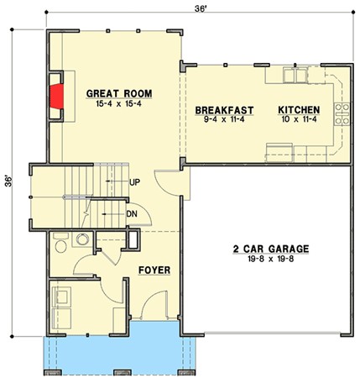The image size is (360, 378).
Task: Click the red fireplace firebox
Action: [x=57, y=97]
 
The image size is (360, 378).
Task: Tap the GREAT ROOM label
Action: [x=119, y=93]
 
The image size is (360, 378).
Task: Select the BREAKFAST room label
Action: [x=224, y=110]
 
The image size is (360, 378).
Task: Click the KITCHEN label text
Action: [x=299, y=110]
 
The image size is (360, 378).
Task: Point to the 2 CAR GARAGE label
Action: [x=271, y=249]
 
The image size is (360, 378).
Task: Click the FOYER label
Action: [x=154, y=270]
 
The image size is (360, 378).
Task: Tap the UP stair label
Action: [x=134, y=182]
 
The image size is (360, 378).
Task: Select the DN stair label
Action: [x=132, y=214]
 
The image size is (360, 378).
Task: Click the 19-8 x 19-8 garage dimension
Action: [x=271, y=259]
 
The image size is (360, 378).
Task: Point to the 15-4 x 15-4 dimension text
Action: [x=119, y=104]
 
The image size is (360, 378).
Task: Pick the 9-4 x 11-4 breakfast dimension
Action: [x=224, y=119]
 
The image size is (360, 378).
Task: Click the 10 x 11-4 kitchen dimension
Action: [x=300, y=119]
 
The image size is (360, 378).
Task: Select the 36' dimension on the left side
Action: [x=8, y=181]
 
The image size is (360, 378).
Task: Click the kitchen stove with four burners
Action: [x=342, y=113]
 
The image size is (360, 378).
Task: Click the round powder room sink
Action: [x=82, y=239]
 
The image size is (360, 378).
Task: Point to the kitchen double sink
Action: [x=295, y=75]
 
